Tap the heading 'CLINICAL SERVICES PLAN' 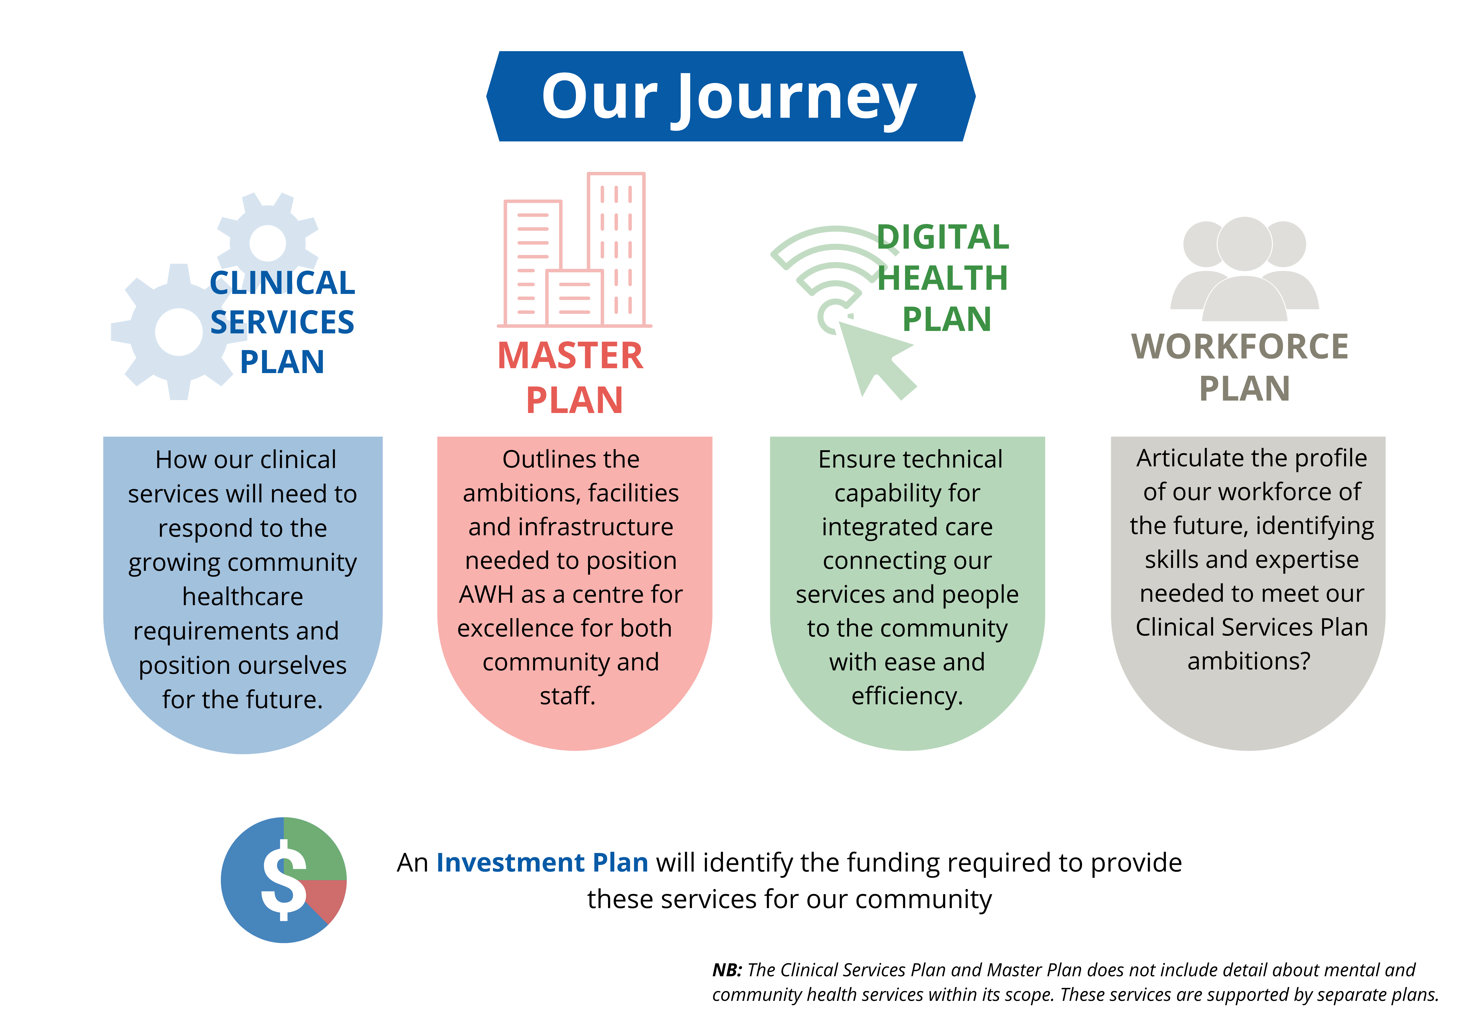click(x=282, y=322)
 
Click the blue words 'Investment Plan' click(x=542, y=863)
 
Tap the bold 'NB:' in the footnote click(x=727, y=970)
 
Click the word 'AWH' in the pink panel click(x=487, y=594)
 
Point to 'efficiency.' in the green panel click(x=907, y=696)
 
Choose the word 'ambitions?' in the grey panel click(x=1248, y=661)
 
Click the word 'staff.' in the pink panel click(x=568, y=696)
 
